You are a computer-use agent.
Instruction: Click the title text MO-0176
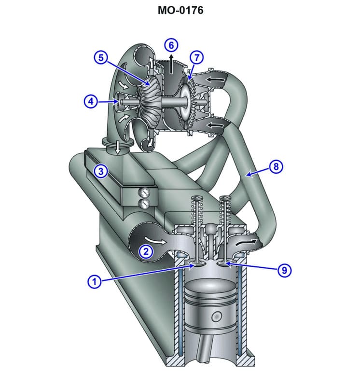(180, 10)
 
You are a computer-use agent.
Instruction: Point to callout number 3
(100, 171)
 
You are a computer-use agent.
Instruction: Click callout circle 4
(90, 101)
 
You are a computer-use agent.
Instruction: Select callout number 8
(276, 167)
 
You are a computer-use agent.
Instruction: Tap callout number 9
(284, 270)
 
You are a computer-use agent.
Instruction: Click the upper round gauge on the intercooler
(143, 192)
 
